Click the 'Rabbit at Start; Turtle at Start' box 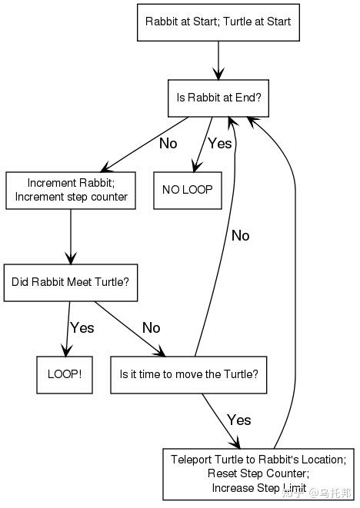coord(218,22)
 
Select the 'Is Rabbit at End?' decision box coord(218,98)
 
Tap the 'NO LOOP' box coord(187,190)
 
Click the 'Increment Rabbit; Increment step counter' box coord(71,190)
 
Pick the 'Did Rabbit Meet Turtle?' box coord(70,282)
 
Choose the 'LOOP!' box coord(65,375)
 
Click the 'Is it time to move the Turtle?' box coord(188,375)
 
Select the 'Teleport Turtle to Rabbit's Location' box coord(258,473)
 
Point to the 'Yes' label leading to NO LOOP coord(219,144)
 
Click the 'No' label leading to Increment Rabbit coord(168,144)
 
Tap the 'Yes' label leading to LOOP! coord(82,328)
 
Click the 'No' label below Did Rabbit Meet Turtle coord(151,328)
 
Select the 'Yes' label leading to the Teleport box coord(238,420)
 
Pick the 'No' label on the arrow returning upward coord(240,236)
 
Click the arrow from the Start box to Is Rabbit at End coord(218,60)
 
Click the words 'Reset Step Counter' coord(258,473)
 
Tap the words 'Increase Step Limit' coord(258,487)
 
